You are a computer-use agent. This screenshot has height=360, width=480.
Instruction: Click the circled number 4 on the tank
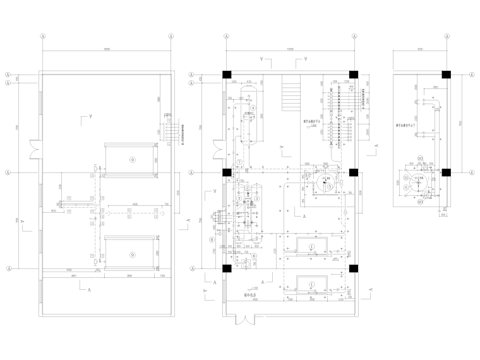[x=253, y=108]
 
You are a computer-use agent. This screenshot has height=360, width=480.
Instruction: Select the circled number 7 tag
[x=240, y=162]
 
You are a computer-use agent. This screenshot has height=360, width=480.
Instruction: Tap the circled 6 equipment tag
[x=253, y=256]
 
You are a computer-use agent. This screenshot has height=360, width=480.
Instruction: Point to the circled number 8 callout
[x=212, y=239]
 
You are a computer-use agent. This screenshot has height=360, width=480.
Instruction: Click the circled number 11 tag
[x=406, y=179]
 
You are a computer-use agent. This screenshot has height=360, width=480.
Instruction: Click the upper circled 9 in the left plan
[x=131, y=157]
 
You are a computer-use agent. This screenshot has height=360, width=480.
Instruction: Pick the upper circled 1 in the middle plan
[x=311, y=246]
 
